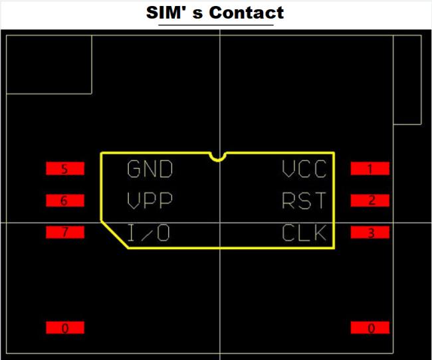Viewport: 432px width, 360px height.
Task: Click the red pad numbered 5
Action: click(x=65, y=168)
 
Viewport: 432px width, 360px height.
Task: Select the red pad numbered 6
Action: click(x=65, y=200)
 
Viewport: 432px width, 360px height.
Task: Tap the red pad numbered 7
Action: click(x=65, y=232)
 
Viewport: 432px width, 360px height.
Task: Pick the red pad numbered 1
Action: click(x=370, y=168)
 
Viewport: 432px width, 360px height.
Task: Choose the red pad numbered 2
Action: click(x=370, y=200)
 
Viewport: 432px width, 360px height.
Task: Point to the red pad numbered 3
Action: click(x=370, y=232)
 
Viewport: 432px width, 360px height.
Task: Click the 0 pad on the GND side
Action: click(x=65, y=327)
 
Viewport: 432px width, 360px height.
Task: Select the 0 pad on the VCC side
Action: click(x=370, y=327)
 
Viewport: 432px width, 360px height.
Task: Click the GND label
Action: click(x=150, y=169)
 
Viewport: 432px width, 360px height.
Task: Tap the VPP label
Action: click(x=150, y=200)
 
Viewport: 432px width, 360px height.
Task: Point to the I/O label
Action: click(x=148, y=232)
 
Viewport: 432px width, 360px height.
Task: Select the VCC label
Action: click(x=304, y=169)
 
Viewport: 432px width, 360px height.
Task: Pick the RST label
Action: click(x=304, y=200)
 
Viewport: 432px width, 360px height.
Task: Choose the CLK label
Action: click(x=304, y=232)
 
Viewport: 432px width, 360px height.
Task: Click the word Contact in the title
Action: click(x=247, y=13)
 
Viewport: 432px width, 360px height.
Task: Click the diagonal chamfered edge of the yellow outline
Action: click(x=114, y=234)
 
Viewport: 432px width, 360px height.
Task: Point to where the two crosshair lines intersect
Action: click(x=220, y=223)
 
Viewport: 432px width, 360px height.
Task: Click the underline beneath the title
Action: click(x=216, y=25)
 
